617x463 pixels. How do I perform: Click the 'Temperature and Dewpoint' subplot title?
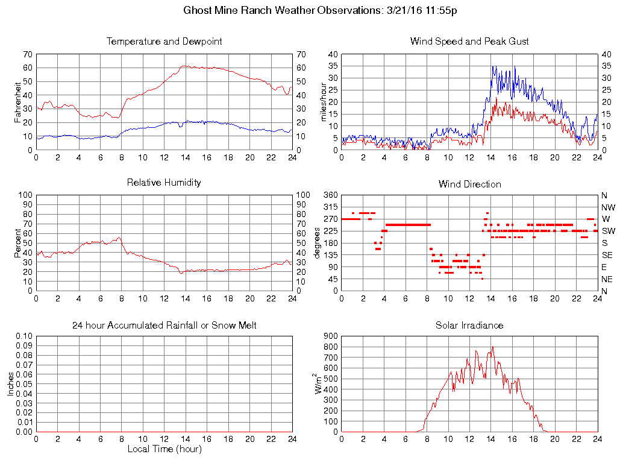point(164,42)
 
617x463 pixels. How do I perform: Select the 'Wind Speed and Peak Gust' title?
point(469,42)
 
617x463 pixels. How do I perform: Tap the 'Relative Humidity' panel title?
point(164,182)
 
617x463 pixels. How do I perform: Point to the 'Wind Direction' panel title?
point(469,184)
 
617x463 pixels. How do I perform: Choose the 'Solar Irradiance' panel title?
point(469,326)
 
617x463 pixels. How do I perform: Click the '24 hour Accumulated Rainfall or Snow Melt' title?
point(164,326)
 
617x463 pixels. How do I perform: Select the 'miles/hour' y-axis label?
point(324,102)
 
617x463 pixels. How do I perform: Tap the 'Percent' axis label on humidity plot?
point(18,243)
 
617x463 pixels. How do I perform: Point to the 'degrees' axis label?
point(317,243)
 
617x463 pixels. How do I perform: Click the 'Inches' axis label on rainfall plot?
point(11,383)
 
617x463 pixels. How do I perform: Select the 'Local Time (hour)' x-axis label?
point(164,449)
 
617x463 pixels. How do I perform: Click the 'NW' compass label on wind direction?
point(608,207)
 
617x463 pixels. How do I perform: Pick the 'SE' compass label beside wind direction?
point(607,255)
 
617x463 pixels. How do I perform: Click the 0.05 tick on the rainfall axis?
point(25,384)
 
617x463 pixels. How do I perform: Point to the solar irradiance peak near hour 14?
point(492,347)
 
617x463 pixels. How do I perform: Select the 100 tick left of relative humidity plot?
point(25,195)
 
